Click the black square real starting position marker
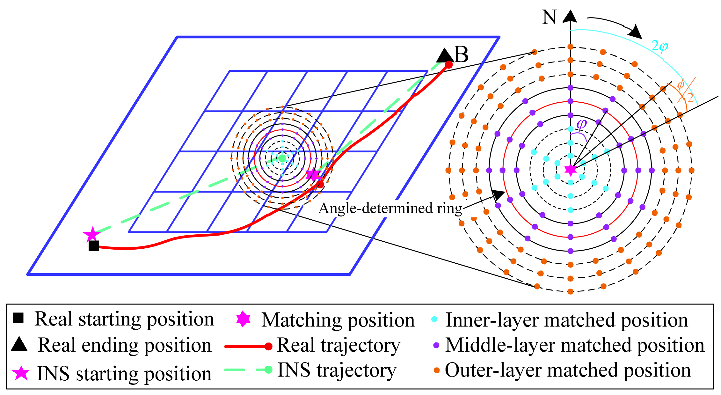point(94,246)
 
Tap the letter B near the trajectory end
point(461,55)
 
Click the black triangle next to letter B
point(443,56)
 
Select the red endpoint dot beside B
point(448,65)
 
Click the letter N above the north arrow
point(549,17)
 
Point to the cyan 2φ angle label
point(659,47)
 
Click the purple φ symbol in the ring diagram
point(581,124)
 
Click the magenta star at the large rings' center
point(570,170)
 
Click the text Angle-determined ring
point(390,208)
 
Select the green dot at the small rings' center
point(282,158)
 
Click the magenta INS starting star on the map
point(92,234)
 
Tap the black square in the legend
point(18,318)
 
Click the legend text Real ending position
point(124,345)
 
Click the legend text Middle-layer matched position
point(574,345)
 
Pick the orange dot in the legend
point(436,370)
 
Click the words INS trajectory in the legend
point(337,370)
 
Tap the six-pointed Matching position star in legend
point(243,319)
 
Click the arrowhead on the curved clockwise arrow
point(636,32)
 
